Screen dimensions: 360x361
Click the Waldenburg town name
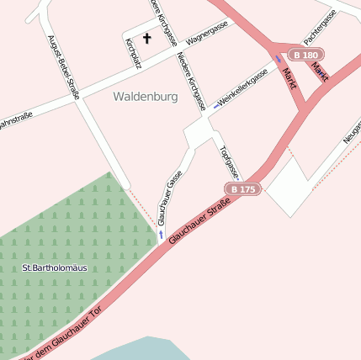click(145, 97)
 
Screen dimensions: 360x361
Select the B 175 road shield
click(242, 189)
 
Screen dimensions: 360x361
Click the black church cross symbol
click(147, 38)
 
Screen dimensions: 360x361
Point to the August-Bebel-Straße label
click(63, 66)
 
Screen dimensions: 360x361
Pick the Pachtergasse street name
click(321, 27)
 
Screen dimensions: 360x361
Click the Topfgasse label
click(229, 162)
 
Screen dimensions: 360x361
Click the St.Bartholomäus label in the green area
click(54, 268)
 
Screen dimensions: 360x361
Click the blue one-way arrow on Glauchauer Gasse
click(160, 234)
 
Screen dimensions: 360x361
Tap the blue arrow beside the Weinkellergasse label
click(217, 106)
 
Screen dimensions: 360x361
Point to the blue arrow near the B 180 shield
click(279, 59)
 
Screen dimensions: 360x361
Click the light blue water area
click(143, 350)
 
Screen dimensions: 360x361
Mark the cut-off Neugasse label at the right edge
click(352, 134)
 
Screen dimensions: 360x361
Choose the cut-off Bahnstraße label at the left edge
click(15, 119)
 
